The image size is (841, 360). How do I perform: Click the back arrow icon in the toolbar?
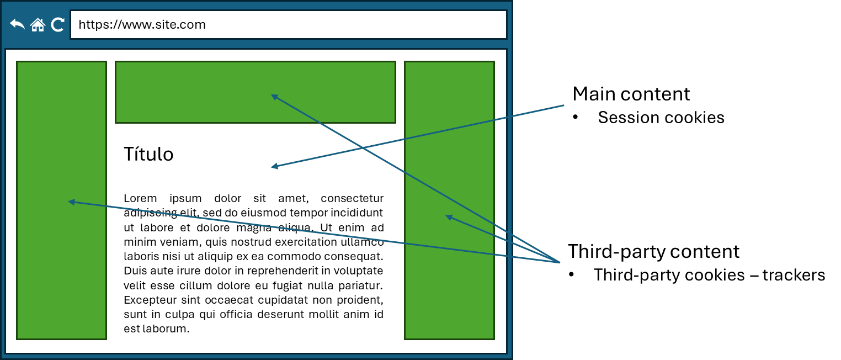pos(18,25)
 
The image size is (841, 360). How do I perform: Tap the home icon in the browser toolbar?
pos(38,25)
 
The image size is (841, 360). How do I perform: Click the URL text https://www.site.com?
pos(142,25)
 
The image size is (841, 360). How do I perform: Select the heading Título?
pos(148,154)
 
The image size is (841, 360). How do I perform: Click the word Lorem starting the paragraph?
pos(140,199)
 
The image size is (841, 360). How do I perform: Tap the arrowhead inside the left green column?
pos(70,202)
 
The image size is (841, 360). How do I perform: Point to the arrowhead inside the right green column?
pos(448,216)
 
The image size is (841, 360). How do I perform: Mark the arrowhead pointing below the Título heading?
pos(273,167)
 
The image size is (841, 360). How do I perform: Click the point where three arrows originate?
pos(560,263)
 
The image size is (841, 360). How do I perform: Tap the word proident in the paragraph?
pos(361,300)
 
